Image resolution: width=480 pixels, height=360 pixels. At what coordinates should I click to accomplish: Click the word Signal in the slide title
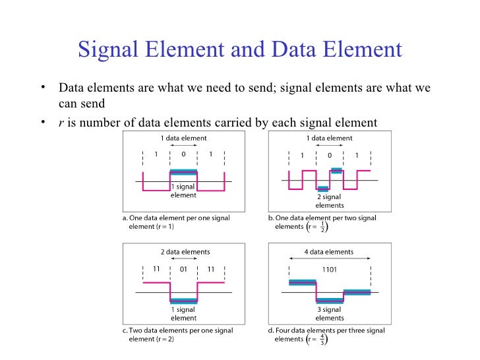pos(107,50)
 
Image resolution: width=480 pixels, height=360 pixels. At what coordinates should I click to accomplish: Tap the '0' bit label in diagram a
pos(184,154)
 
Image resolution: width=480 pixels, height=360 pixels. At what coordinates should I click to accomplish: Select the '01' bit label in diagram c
pos(184,269)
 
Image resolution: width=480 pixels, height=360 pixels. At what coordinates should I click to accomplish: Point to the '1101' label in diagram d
pos(329,269)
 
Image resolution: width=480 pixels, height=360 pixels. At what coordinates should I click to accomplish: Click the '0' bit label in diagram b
pos(330,156)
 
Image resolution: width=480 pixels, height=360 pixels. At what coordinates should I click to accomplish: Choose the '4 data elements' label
pos(329,252)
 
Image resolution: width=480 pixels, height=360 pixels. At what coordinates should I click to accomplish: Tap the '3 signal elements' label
pos(329,313)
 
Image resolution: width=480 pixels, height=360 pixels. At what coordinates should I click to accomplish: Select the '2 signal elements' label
pos(329,200)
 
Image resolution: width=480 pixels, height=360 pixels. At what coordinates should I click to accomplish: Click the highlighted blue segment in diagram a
pos(184,173)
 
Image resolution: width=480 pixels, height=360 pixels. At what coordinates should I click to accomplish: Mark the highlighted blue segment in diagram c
pos(184,301)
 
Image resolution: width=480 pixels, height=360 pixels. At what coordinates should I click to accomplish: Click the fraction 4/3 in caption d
pos(322,339)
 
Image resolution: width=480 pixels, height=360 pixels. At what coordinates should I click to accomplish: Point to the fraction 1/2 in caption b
pos(322,226)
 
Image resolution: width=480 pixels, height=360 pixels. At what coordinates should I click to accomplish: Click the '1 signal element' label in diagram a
pos(184,191)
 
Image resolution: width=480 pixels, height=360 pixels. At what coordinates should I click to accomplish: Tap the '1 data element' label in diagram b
pos(329,138)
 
